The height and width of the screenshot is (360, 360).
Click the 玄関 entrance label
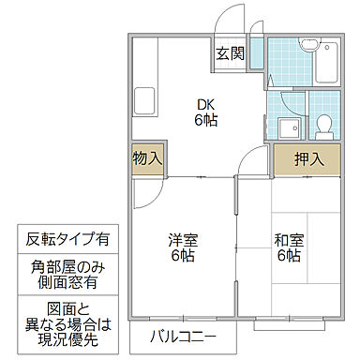coord(231,54)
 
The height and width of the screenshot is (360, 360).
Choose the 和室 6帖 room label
coord(287,246)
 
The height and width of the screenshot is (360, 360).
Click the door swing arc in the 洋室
coord(145,192)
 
